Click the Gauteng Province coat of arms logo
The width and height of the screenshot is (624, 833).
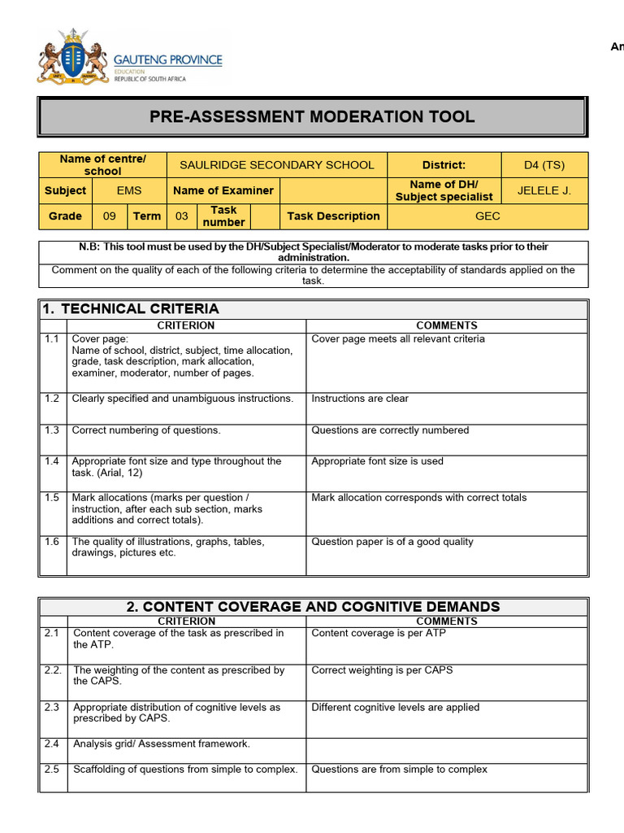coord(73,56)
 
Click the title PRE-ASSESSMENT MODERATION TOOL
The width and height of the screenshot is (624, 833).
coord(312,116)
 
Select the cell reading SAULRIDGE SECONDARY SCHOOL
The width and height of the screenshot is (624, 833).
coord(277,165)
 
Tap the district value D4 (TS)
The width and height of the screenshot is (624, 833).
coord(544,165)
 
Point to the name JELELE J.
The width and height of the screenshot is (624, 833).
coord(544,190)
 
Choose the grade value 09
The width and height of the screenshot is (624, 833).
coord(109,216)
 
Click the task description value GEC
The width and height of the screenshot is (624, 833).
coord(487,216)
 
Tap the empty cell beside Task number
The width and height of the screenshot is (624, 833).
coord(262,216)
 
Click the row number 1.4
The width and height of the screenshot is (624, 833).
coord(52,461)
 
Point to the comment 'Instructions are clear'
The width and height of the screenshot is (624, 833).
coord(360,399)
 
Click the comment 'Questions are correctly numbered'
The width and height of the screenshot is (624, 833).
coord(390,430)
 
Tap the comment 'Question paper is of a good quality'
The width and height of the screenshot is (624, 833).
coord(392,542)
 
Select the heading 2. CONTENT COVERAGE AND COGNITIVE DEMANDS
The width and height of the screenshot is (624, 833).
coord(313,607)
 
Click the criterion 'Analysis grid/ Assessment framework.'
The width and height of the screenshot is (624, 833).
coord(162,744)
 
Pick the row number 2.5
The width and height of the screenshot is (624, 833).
coord(52,770)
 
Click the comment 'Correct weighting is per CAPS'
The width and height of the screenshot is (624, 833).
coord(382,670)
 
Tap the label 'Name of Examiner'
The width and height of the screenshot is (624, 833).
coord(223,190)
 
